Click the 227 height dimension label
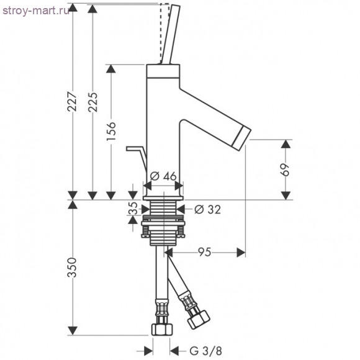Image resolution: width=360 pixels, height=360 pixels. [72, 101]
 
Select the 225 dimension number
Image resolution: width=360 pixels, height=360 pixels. [92, 102]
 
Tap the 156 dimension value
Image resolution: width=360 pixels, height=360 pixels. [111, 131]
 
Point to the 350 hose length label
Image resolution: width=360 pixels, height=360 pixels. [72, 268]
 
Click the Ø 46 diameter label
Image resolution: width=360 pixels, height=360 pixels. [163, 176]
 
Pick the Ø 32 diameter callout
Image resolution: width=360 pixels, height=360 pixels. [207, 209]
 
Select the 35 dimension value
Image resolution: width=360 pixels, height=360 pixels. [133, 208]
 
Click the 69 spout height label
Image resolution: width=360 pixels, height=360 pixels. [286, 169]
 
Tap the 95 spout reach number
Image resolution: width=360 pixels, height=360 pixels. [205, 252]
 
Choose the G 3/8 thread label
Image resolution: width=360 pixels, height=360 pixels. [206, 351]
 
